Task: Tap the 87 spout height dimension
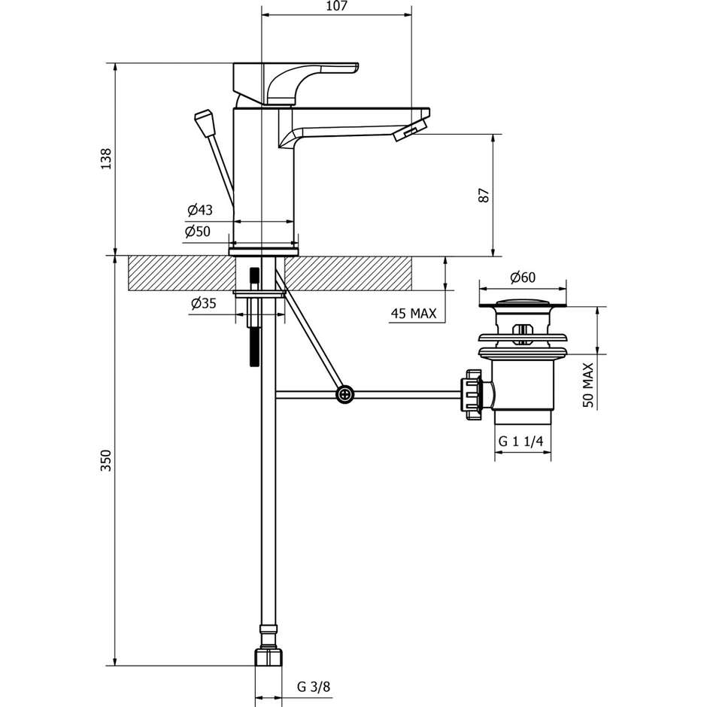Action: click(x=484, y=195)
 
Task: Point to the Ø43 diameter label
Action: click(x=199, y=210)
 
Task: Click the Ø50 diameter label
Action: click(x=198, y=232)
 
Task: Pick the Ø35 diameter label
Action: click(x=203, y=303)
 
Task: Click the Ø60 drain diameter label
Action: click(x=522, y=277)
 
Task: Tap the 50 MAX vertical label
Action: click(x=587, y=385)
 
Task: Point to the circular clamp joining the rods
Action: click(x=345, y=393)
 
